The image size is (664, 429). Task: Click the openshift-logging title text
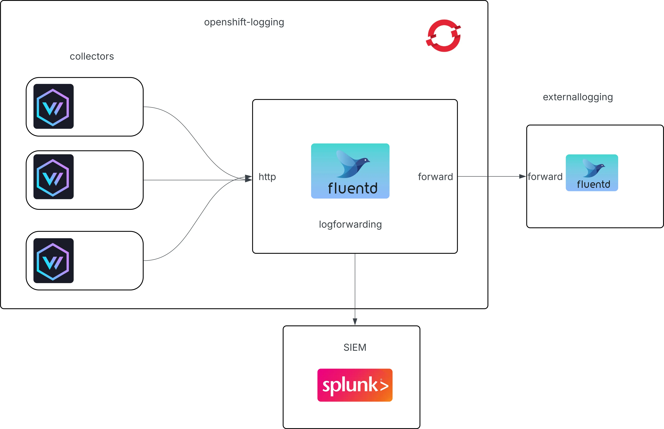[x=244, y=22]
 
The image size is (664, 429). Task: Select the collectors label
[x=92, y=56]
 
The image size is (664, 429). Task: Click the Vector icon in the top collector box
[x=53, y=106]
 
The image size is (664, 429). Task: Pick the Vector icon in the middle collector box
[x=53, y=177]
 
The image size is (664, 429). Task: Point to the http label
[x=267, y=177]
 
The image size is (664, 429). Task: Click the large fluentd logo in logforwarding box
[x=350, y=171]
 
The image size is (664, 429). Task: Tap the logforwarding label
[x=350, y=224]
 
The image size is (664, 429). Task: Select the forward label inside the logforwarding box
[x=435, y=177]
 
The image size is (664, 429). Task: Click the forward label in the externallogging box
[x=545, y=177]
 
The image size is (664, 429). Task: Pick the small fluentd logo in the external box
[x=592, y=173]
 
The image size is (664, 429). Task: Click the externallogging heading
[x=578, y=97]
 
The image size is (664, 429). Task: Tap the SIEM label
[x=355, y=347]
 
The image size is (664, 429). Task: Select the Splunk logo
[x=355, y=385]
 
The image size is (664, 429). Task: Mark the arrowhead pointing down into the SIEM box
[x=355, y=322]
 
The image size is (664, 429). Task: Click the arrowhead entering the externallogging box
[x=522, y=176]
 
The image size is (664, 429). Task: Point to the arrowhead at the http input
[x=248, y=179]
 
